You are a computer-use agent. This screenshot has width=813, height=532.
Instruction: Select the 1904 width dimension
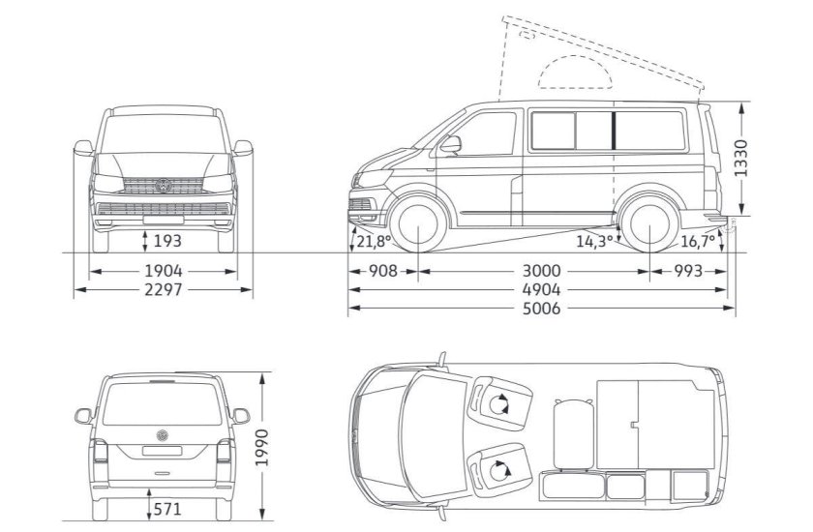[x=165, y=271]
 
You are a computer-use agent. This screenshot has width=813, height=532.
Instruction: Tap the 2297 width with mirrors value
[x=165, y=289]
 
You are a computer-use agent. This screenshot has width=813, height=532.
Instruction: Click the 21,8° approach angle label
[x=373, y=240]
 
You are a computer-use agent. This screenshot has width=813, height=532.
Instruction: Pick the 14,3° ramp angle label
[x=594, y=240]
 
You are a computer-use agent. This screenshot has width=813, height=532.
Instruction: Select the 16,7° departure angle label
[x=699, y=240]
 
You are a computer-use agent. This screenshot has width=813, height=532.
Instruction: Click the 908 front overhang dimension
[x=383, y=271]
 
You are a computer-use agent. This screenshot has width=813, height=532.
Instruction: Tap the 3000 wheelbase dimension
[x=533, y=271]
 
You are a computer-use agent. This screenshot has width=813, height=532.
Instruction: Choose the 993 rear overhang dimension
[x=688, y=271]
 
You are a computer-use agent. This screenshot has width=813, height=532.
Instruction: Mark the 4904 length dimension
[x=538, y=289]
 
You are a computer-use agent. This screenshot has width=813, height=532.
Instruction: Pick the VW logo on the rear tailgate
[x=164, y=432]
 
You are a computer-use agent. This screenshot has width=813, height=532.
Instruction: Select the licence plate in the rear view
[x=164, y=449]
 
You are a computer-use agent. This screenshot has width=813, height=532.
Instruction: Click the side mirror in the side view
[x=451, y=145]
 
